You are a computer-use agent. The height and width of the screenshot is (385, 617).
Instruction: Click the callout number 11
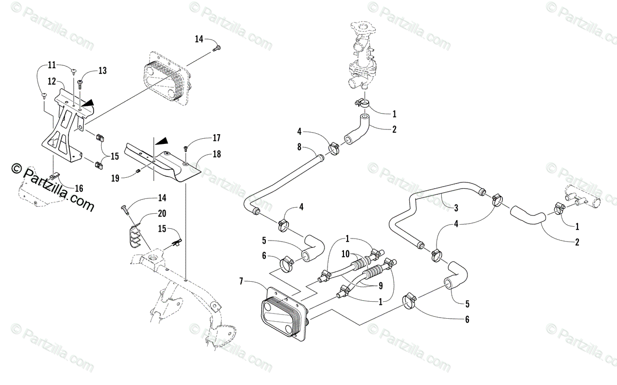tap(52, 65)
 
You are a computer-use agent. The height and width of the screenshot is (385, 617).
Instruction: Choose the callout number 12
tap(52, 81)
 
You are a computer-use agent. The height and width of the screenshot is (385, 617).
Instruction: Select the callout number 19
tap(115, 178)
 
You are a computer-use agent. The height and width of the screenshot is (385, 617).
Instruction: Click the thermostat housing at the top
tap(362, 51)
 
